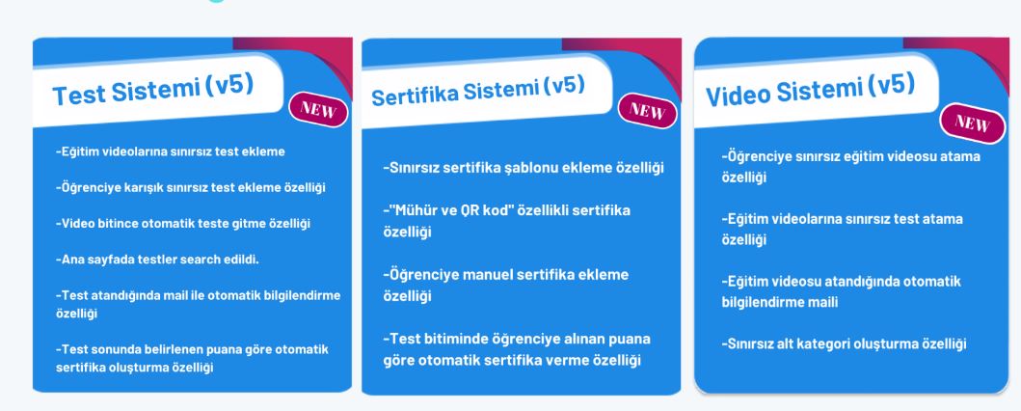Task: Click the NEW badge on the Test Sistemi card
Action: (x=318, y=109)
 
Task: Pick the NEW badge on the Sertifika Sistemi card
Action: (x=647, y=111)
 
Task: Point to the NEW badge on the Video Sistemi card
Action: (x=973, y=122)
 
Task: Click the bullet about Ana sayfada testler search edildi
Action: (x=157, y=260)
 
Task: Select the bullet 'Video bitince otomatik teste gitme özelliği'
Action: (x=183, y=224)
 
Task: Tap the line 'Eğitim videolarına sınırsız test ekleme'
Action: (x=171, y=151)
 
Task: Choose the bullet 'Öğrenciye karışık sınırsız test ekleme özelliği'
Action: (x=191, y=187)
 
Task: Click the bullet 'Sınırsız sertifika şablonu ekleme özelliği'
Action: (x=524, y=168)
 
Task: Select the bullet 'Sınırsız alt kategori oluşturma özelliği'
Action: (x=844, y=343)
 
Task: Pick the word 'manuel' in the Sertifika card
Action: (x=488, y=275)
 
